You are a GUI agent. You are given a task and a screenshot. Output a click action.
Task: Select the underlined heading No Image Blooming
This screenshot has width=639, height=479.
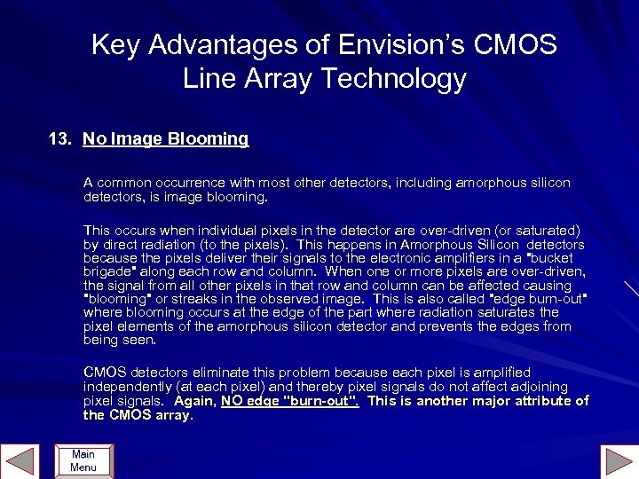(x=165, y=139)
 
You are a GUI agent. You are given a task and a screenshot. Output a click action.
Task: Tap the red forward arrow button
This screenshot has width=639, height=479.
(x=618, y=460)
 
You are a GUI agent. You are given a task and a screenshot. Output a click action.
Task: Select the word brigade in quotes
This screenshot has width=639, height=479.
(x=108, y=272)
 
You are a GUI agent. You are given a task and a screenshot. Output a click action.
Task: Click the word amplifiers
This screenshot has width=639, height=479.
(x=455, y=258)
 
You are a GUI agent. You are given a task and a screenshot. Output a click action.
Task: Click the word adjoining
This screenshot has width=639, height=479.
(x=538, y=387)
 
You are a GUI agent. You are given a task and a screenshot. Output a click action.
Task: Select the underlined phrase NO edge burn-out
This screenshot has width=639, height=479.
(x=289, y=401)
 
